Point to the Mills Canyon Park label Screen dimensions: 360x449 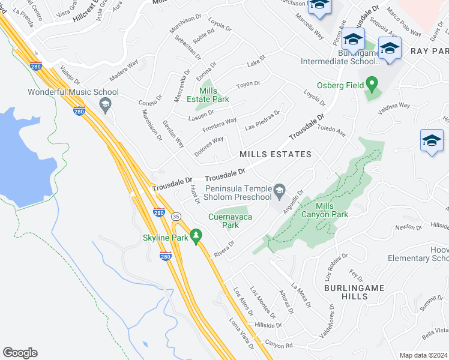[332, 210]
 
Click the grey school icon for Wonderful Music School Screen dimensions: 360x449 [105, 104]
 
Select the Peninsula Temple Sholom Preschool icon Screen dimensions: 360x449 [279, 191]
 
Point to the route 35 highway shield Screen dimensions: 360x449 [175, 215]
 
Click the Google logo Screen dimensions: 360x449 [20, 352]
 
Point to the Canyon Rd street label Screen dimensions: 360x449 [279, 346]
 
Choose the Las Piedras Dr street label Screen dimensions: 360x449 [262, 120]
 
